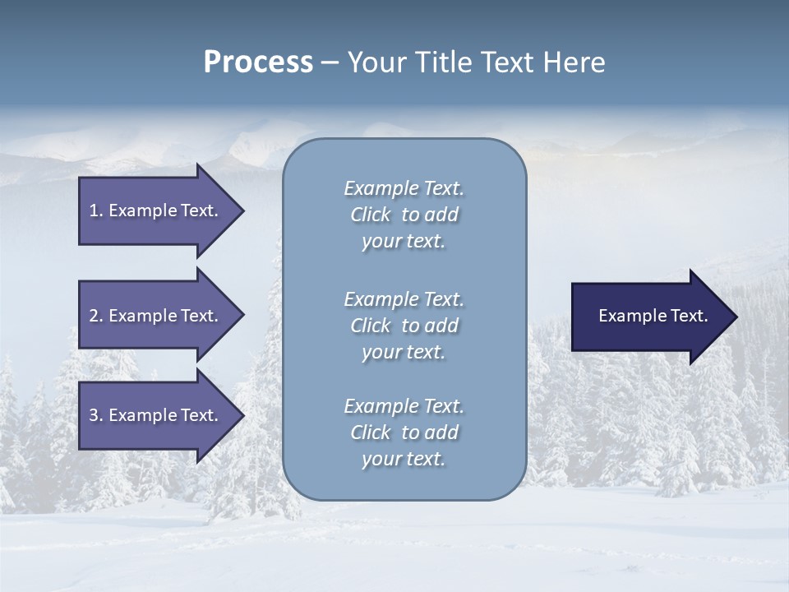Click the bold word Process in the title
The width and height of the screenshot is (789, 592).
point(258,62)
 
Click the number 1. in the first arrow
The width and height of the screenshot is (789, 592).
point(96,210)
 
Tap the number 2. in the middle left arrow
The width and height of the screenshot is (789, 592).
point(96,316)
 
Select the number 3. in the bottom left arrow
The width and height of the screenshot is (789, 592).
point(96,415)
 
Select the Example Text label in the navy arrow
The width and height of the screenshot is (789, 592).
point(653,316)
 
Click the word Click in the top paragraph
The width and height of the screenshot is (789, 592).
point(370,215)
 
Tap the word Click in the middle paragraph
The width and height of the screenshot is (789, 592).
point(370,326)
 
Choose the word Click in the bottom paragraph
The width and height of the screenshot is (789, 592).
point(370,432)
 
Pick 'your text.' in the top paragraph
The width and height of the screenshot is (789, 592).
point(404,242)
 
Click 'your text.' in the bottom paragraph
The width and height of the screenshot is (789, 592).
point(404,460)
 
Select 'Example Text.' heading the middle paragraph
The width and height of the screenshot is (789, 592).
point(404,299)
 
